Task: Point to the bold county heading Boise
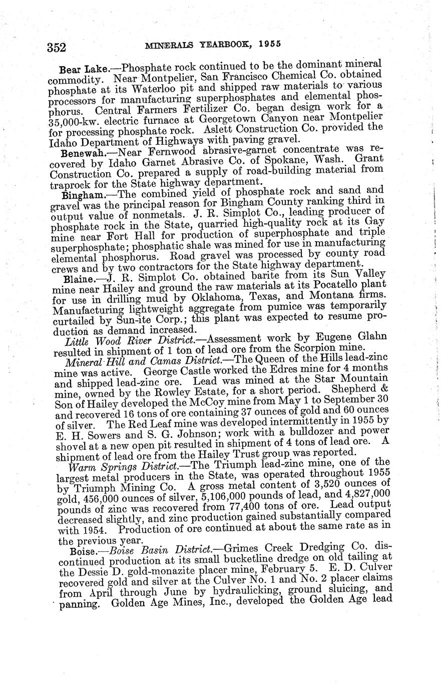click(76, 552)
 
